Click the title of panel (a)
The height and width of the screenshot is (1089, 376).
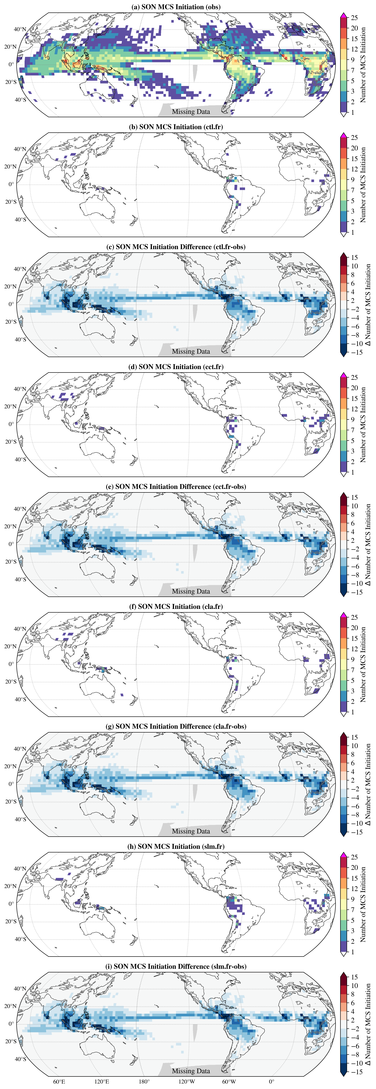click(x=176, y=7)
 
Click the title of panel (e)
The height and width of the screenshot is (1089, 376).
click(x=176, y=487)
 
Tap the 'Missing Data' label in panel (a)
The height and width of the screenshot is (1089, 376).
click(x=191, y=112)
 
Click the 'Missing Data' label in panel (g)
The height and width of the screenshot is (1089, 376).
click(x=191, y=831)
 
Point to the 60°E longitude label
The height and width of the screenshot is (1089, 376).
click(x=59, y=1081)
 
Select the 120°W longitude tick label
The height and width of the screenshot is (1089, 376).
click(x=187, y=1081)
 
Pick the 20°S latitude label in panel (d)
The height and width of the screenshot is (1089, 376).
click(x=11, y=442)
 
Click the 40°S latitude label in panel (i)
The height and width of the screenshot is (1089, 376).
click(x=20, y=1059)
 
